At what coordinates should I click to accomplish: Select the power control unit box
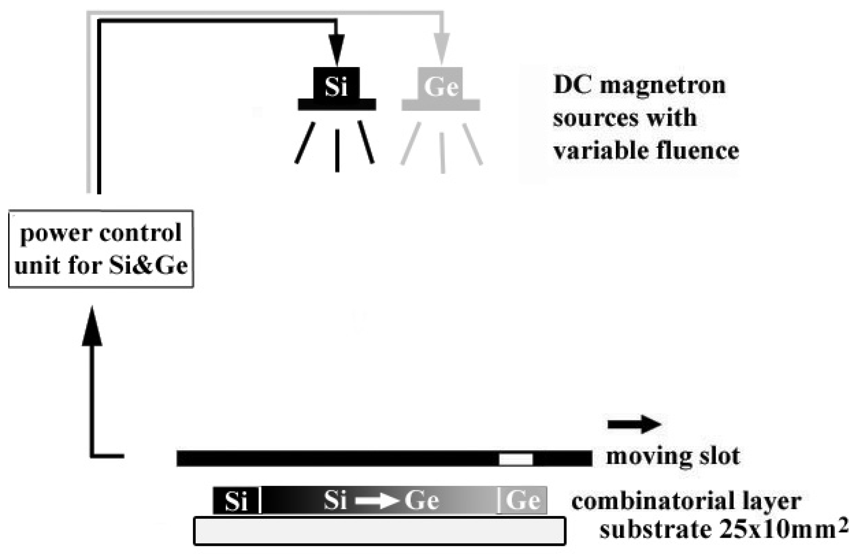[x=101, y=249]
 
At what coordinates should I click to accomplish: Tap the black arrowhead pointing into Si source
[x=336, y=49]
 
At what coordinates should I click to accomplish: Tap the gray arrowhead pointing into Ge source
[x=441, y=48]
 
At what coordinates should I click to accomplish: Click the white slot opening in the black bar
[x=516, y=459]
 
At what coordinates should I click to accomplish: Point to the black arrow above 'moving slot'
[x=634, y=424]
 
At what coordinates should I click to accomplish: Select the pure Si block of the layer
[x=236, y=500]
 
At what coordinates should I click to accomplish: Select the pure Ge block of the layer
[x=523, y=500]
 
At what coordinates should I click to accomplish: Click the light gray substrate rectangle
[x=379, y=531]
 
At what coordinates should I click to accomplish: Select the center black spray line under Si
[x=337, y=150]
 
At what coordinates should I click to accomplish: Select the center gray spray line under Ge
[x=442, y=152]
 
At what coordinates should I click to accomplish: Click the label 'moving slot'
[x=673, y=456]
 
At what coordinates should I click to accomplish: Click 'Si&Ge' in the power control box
[x=148, y=266]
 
